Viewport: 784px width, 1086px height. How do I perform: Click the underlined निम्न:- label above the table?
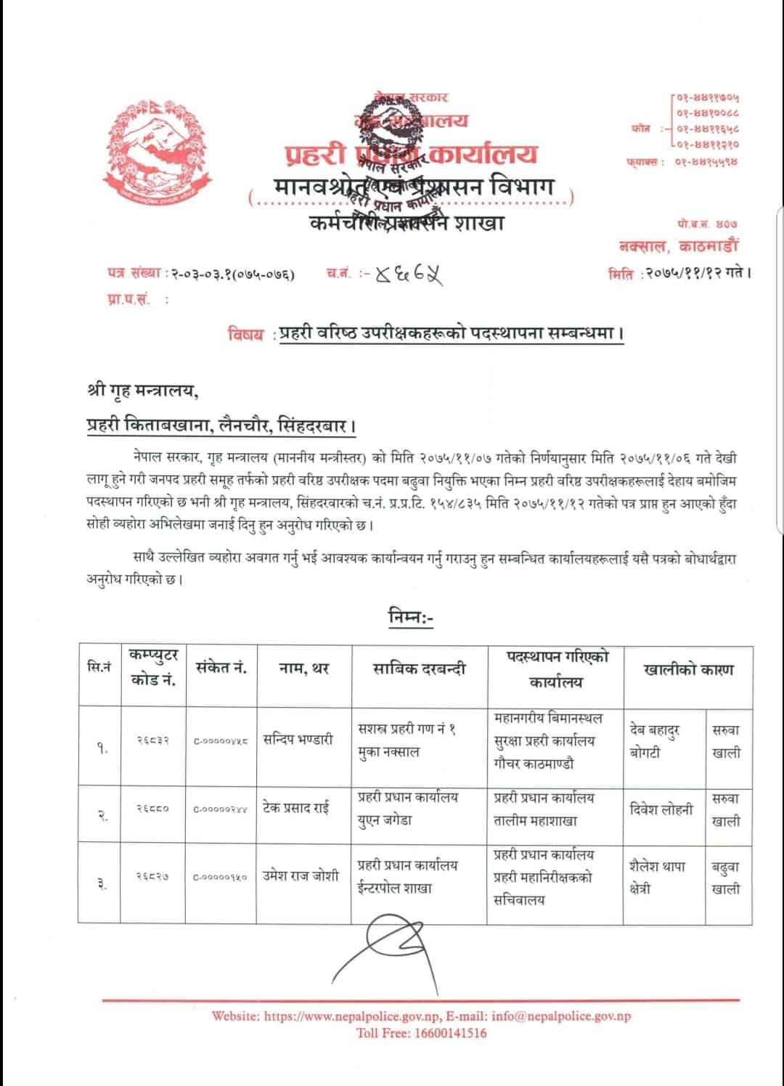pos(410,617)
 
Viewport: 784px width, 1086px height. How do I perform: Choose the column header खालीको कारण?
pos(687,669)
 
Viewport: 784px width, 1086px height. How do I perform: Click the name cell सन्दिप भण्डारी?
pos(298,740)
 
